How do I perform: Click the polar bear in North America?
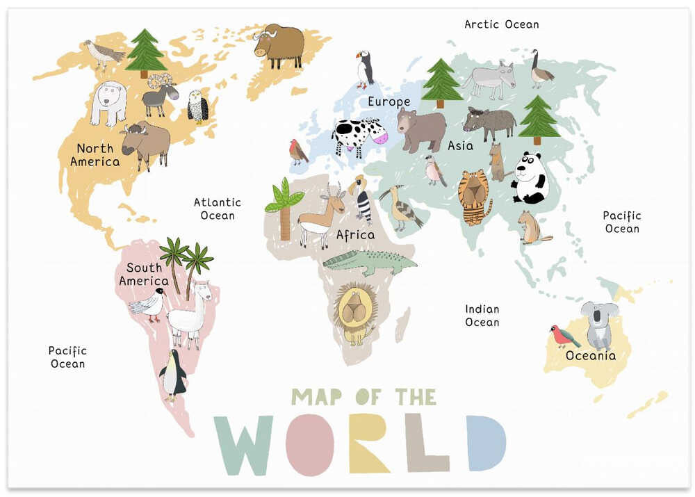[108, 102]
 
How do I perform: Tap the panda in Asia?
[530, 179]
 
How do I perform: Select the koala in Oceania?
[598, 324]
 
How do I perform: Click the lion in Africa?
[355, 312]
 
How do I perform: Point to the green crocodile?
[369, 262]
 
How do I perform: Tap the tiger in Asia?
[474, 196]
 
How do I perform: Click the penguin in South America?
[172, 375]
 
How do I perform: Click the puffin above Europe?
[365, 70]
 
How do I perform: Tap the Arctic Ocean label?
[501, 24]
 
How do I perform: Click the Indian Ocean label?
[482, 316]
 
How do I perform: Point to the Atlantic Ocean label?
[218, 209]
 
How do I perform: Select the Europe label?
[389, 102]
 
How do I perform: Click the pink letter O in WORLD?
[310, 443]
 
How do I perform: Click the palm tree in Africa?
[284, 208]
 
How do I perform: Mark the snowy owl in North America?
[198, 106]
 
